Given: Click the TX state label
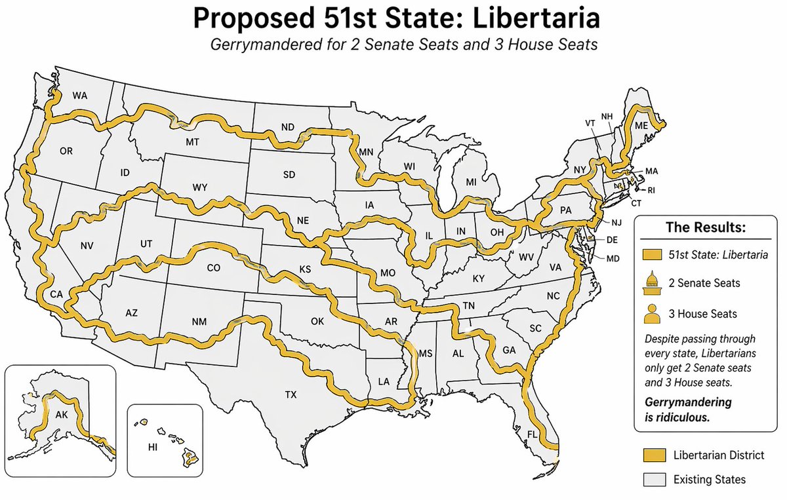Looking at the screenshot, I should click(291, 394).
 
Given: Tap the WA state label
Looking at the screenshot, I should click(80, 96).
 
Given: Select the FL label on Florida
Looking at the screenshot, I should click(533, 434).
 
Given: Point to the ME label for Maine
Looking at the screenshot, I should click(641, 125).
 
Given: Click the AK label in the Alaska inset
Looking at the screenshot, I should click(62, 415).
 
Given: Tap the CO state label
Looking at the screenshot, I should click(214, 267).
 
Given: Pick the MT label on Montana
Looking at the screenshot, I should click(192, 142).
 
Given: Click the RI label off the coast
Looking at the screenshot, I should click(651, 191).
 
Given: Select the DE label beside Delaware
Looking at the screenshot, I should click(613, 240).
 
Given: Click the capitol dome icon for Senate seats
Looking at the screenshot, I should click(652, 282).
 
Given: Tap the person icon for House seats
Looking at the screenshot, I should click(652, 313).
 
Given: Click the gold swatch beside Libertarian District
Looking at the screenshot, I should click(651, 455).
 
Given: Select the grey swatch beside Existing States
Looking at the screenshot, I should click(651, 479).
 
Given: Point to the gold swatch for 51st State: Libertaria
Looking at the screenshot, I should click(651, 254).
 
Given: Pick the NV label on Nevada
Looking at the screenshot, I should click(87, 246).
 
